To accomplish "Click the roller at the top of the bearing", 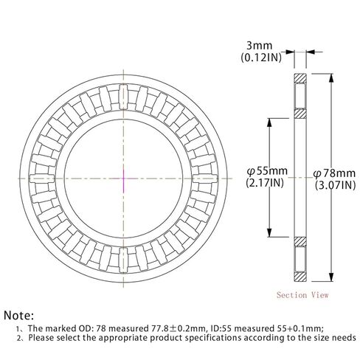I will pyautogui.click(x=122, y=94).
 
